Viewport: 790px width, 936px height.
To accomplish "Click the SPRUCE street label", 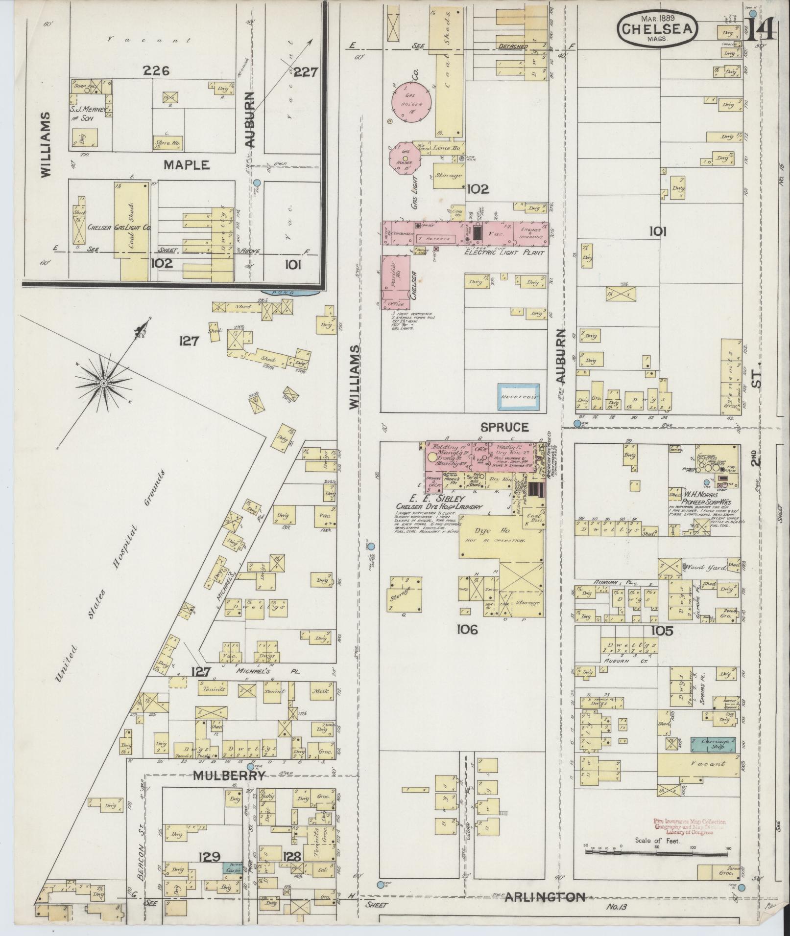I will tap(504, 427).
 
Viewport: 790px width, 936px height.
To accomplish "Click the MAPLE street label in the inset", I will tap(186, 165).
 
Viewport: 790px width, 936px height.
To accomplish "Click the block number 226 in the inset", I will tap(156, 71).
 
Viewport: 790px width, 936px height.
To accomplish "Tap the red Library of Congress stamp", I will tap(690, 827).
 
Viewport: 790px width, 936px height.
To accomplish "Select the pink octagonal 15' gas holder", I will tap(405, 157).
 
